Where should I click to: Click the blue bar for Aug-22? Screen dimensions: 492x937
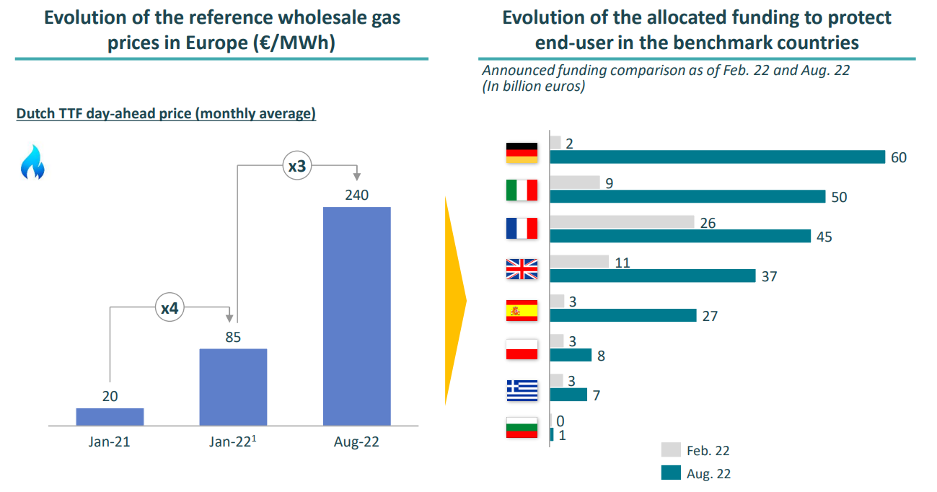pyautogui.click(x=356, y=316)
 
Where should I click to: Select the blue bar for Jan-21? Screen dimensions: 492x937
pyautogui.click(x=110, y=416)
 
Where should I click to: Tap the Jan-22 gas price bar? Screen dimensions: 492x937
pyautogui.click(x=233, y=387)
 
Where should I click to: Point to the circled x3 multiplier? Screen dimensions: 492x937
pyautogui.click(x=296, y=167)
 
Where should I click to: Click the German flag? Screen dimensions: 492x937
pyautogui.click(x=522, y=150)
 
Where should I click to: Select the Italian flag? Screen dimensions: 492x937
pyautogui.click(x=522, y=190)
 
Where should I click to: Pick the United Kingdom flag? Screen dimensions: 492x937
pyautogui.click(x=522, y=269)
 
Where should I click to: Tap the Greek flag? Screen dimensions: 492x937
pyautogui.click(x=522, y=390)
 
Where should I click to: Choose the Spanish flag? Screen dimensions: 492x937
pyautogui.click(x=522, y=310)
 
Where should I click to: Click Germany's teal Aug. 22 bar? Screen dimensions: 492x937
pyautogui.click(x=717, y=157)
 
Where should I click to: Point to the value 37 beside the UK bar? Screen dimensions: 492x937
pyautogui.click(x=769, y=276)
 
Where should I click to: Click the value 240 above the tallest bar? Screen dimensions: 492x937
pyautogui.click(x=356, y=195)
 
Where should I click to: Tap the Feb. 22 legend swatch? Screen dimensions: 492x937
pyautogui.click(x=671, y=450)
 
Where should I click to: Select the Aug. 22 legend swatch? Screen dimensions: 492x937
pyautogui.click(x=671, y=473)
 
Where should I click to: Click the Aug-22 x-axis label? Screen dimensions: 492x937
pyautogui.click(x=356, y=442)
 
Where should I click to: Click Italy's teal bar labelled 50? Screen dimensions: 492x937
pyautogui.click(x=687, y=197)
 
